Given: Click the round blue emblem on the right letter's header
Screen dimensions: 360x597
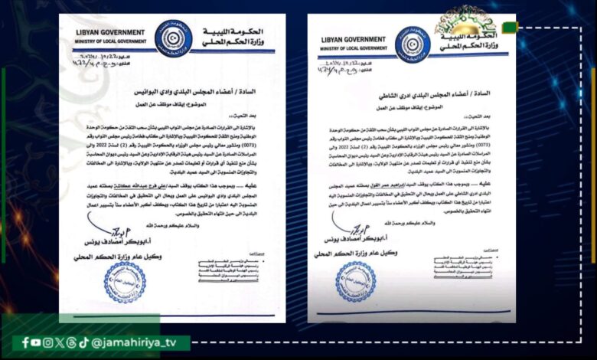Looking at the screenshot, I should click(x=412, y=44).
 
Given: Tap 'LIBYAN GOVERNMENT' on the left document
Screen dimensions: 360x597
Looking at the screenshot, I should click(x=111, y=33).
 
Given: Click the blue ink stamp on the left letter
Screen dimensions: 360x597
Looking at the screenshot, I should click(x=125, y=282).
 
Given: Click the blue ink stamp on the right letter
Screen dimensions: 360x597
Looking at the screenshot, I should click(x=356, y=280).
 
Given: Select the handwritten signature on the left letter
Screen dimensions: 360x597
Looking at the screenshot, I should click(x=103, y=227).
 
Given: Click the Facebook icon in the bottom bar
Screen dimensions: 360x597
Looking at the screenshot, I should click(x=26, y=342).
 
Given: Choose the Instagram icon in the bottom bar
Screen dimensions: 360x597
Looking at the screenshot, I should click(x=70, y=342).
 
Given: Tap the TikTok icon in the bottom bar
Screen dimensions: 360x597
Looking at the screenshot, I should click(x=83, y=342).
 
